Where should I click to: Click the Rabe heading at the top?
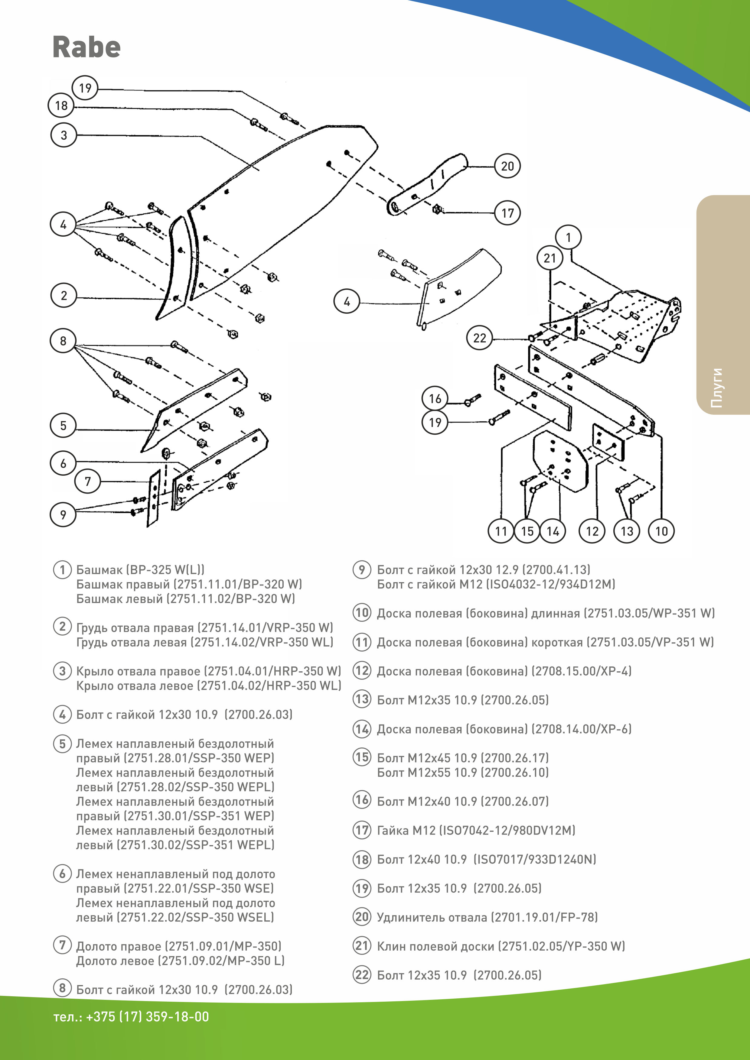(86, 47)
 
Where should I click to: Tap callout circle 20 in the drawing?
(507, 166)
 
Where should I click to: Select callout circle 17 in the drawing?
(507, 213)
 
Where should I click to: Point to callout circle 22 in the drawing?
(479, 338)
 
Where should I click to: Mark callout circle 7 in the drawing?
(88, 481)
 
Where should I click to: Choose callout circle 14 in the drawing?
(553, 531)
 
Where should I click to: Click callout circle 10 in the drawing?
(661, 531)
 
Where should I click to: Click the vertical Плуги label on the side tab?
(716, 388)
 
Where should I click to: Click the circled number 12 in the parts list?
(362, 670)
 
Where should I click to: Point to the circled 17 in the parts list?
(362, 830)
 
